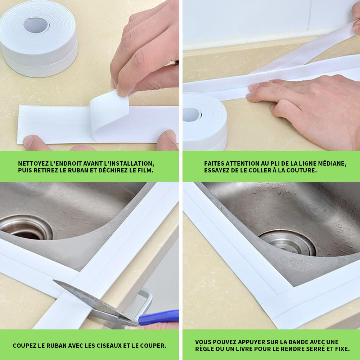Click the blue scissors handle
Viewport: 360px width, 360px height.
158,317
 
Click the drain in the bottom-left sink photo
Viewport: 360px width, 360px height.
26,227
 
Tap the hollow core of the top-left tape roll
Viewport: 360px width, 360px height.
36,25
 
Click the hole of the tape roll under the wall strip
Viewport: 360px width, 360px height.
192,114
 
